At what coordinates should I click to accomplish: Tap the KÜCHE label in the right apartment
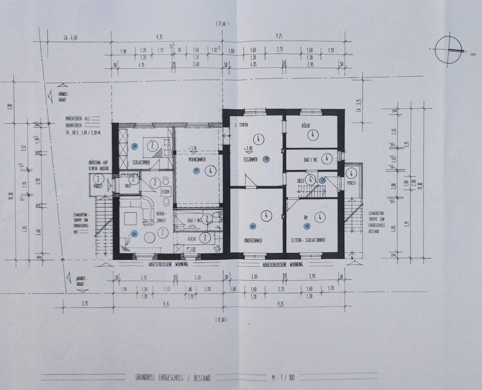(x=306, y=126)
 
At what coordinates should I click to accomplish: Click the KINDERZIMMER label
(x=253, y=240)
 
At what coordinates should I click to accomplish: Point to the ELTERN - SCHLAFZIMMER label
(x=308, y=240)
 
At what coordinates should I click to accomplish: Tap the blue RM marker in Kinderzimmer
(x=252, y=226)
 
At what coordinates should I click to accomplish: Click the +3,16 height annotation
(x=193, y=148)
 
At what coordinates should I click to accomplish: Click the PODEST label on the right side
(x=351, y=183)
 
